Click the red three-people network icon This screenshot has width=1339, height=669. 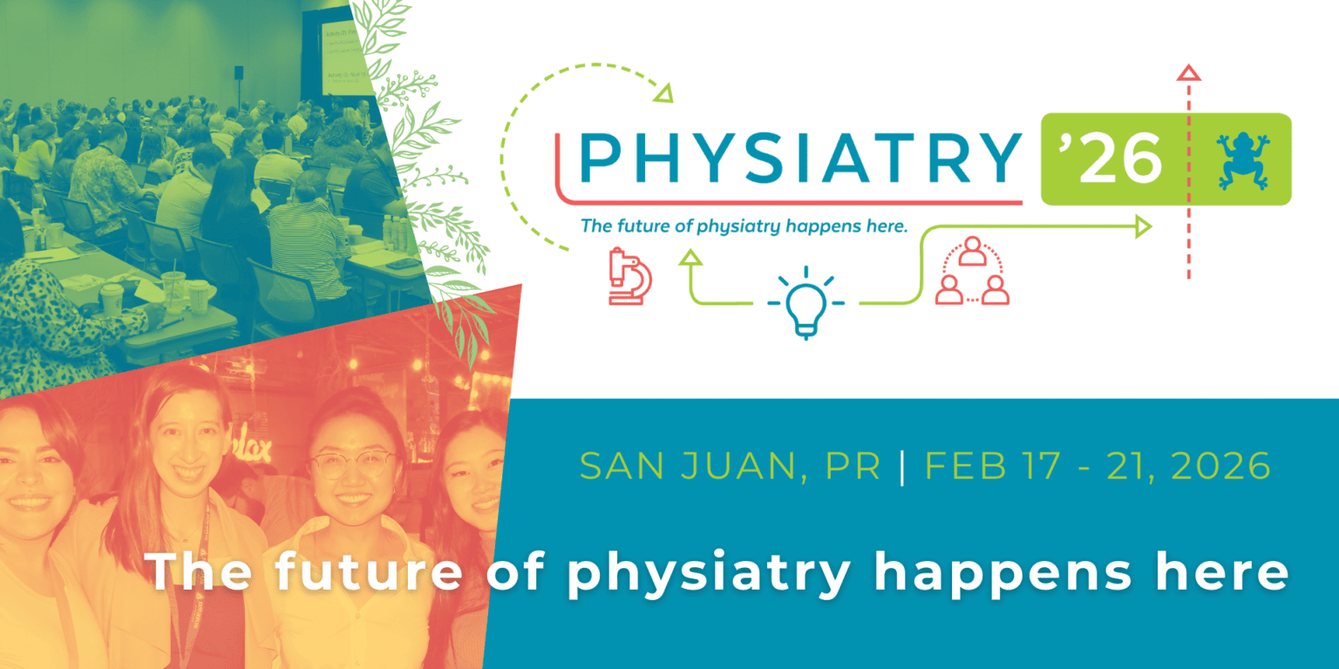click(971, 272)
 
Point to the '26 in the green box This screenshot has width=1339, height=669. click(1115, 159)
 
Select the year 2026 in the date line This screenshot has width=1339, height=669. click(1220, 467)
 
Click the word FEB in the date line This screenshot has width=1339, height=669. click(958, 467)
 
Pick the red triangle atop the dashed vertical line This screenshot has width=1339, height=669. click(1188, 73)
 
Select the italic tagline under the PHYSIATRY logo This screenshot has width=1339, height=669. click(744, 226)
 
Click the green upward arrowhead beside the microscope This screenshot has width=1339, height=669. click(691, 256)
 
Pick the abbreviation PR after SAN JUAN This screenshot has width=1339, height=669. click(853, 467)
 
